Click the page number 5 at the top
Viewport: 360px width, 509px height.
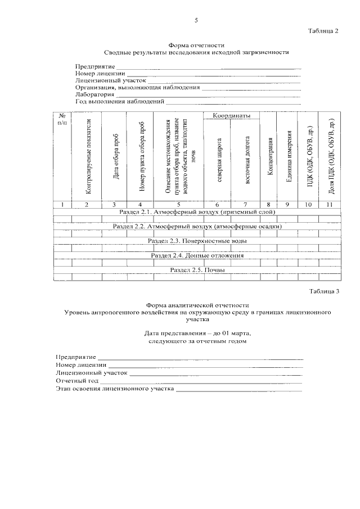pos(196,20)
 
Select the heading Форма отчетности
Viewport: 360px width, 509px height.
pos(197,45)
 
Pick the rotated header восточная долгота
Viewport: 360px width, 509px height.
pos(246,160)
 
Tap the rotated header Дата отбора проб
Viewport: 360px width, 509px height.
pos(115,157)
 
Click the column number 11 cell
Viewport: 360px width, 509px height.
pos(330,204)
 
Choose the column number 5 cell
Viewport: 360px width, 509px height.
pos(178,204)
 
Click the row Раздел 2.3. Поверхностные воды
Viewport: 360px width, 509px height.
pos(197,241)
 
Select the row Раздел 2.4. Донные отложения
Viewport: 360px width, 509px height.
pos(197,255)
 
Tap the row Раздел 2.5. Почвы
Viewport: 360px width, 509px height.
pos(197,270)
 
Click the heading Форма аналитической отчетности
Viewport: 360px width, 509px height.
pos(197,304)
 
